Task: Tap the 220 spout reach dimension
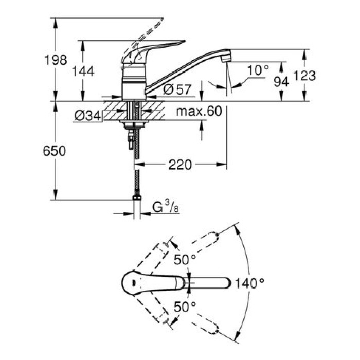179,165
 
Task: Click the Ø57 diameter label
177,89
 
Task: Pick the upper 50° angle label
185,260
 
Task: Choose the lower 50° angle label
185,307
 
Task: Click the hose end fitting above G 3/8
137,197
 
